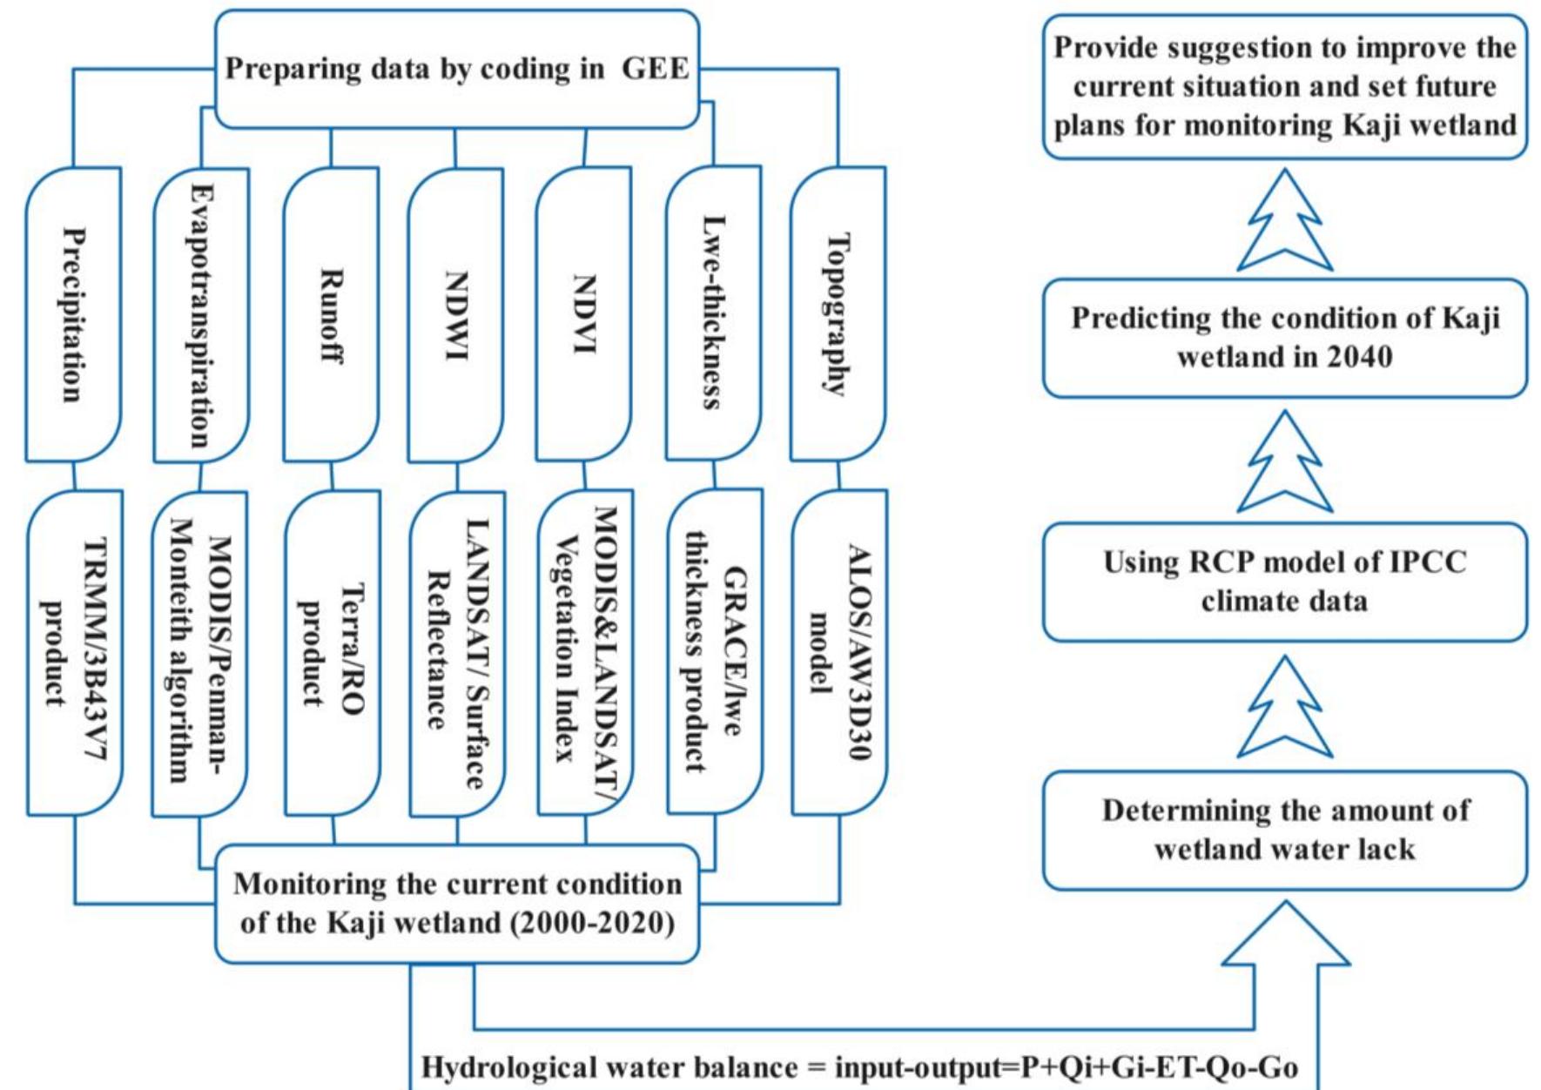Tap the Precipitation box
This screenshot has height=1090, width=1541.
[73, 315]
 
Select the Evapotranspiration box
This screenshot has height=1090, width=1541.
[201, 315]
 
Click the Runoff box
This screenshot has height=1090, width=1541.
[331, 315]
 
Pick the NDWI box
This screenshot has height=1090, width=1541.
[456, 315]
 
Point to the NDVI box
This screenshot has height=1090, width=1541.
[583, 315]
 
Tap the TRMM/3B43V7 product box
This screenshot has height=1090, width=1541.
[74, 653]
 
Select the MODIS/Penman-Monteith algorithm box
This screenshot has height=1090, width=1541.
[199, 653]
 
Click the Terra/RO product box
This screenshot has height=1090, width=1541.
[332, 653]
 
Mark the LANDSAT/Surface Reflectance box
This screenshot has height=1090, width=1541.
[457, 653]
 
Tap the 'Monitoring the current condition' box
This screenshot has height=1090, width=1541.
[456, 904]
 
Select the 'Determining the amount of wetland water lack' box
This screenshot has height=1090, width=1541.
[1284, 830]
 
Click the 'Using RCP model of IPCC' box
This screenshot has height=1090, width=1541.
[1284, 582]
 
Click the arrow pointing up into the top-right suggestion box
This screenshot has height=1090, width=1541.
[1284, 222]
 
